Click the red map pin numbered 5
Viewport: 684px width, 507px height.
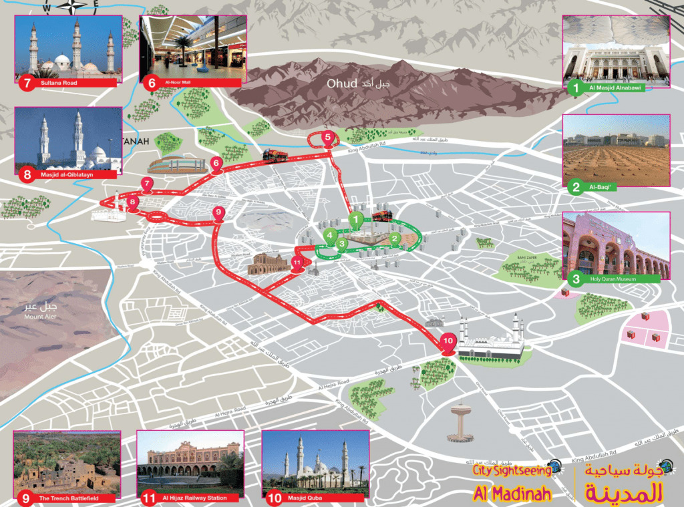(x=327, y=138)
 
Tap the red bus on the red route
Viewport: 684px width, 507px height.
(x=275, y=155)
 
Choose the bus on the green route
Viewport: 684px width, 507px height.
(x=381, y=215)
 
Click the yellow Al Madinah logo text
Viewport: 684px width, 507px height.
(x=512, y=493)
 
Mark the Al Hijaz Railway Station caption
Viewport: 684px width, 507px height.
(x=193, y=498)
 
